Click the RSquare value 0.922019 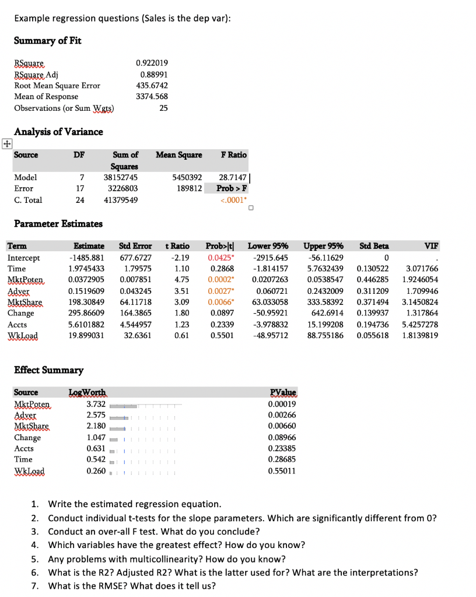tap(152, 63)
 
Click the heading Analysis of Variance tap(58, 132)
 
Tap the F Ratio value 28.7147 tap(232, 177)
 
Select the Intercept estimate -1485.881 tap(86, 258)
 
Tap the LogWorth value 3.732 tap(96, 404)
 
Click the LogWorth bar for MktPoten tap(124, 405)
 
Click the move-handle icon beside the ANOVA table tap(6, 143)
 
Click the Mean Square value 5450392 tap(188, 177)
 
